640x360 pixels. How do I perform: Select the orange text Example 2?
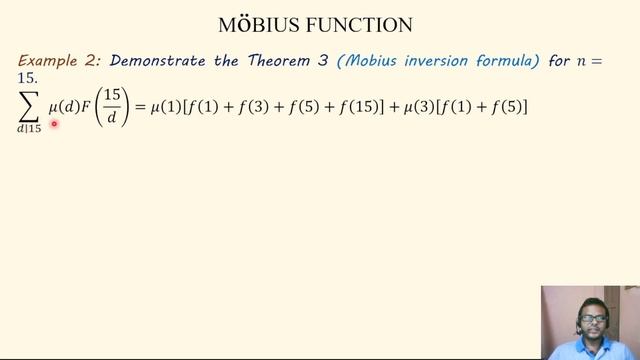pos(55,61)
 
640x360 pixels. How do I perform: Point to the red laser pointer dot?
pos(54,124)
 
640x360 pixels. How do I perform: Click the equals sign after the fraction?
pos(140,105)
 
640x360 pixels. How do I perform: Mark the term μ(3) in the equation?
pos(419,105)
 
